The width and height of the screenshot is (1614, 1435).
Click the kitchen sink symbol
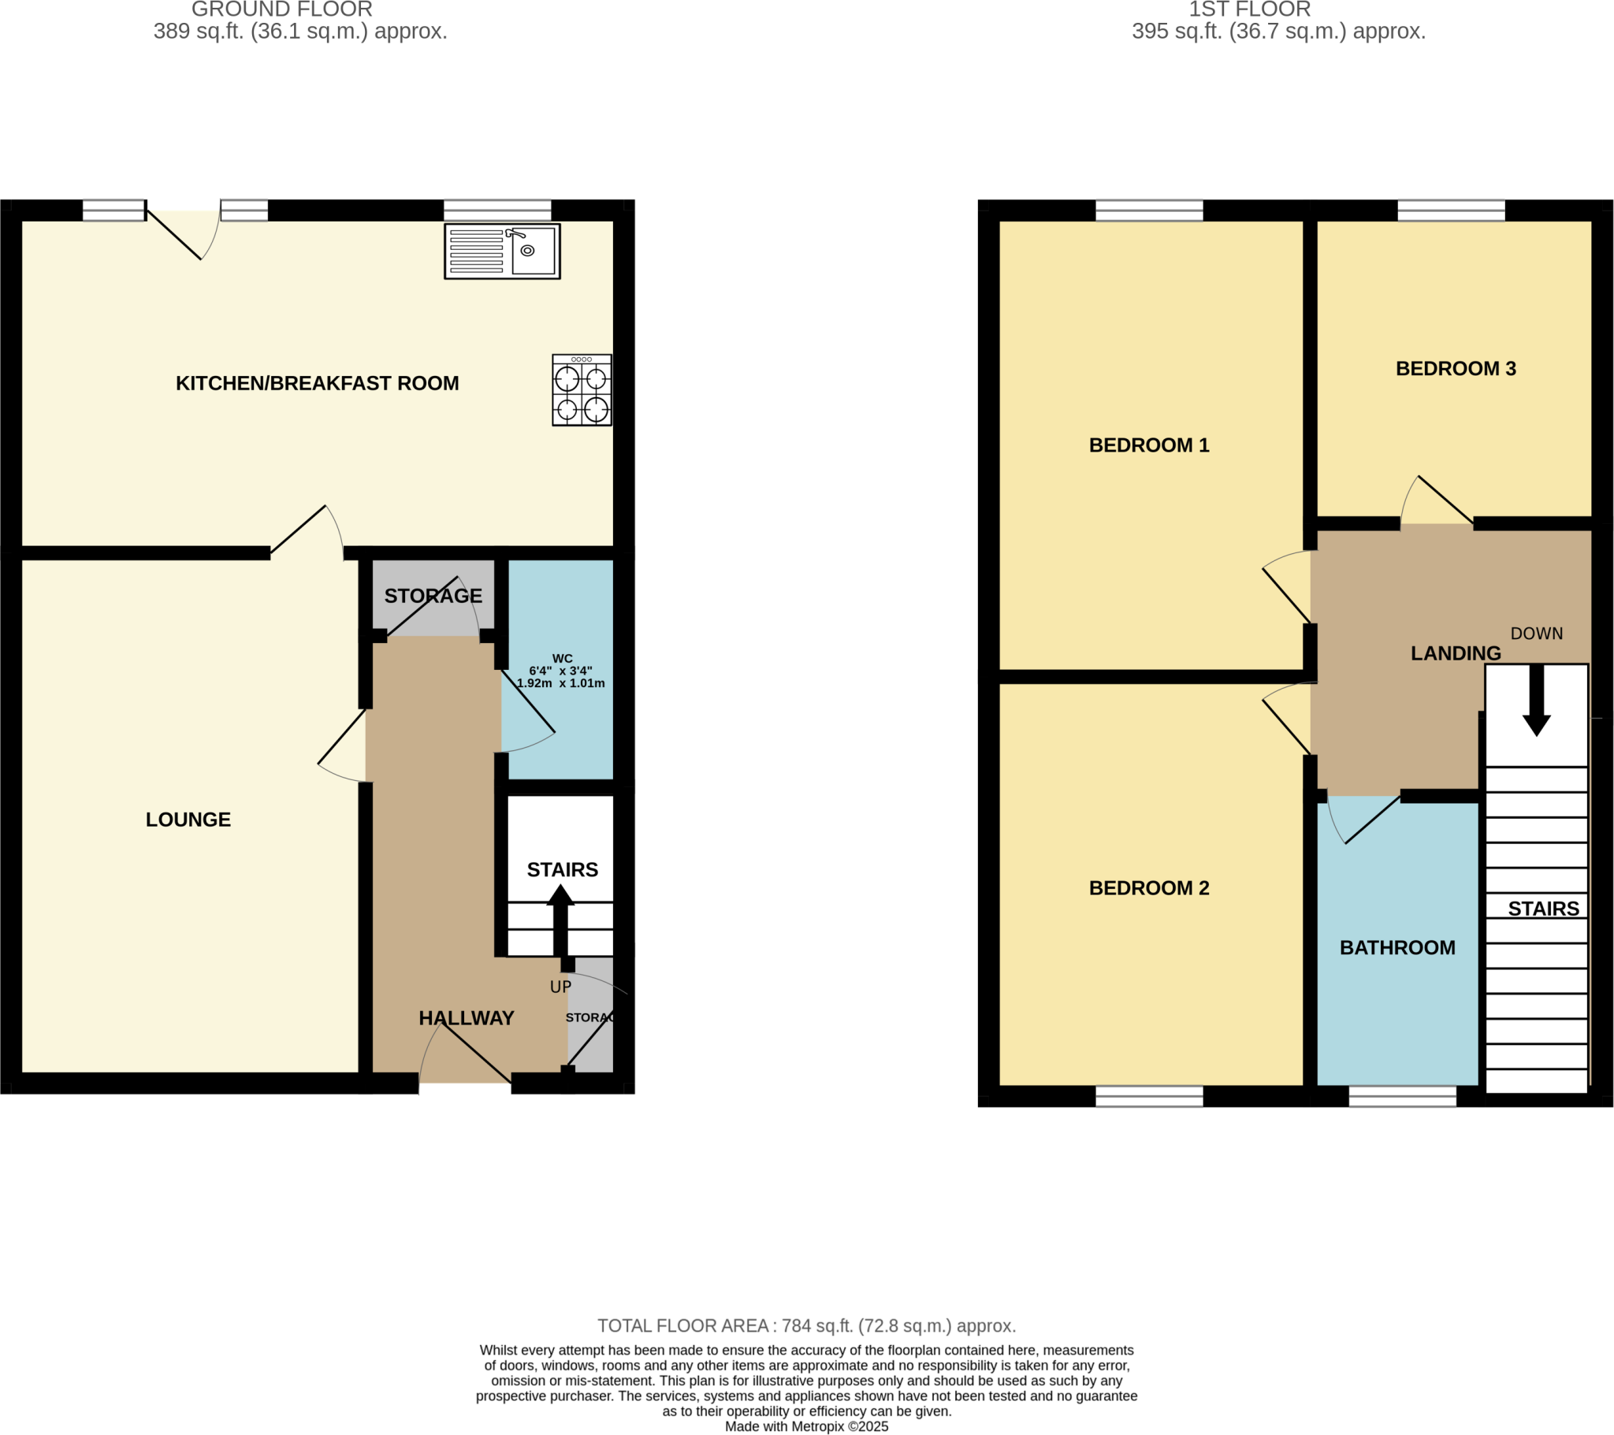coord(502,251)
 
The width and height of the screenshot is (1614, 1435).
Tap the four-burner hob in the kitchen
coord(582,390)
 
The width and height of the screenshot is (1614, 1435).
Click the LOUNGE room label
coord(188,820)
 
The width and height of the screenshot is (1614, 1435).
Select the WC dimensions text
coord(560,677)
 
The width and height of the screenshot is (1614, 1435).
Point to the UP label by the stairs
coord(560,987)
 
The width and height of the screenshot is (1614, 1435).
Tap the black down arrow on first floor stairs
coord(1537,700)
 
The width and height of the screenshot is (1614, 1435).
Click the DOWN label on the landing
coord(1537,634)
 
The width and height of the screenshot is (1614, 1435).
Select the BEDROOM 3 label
coord(1456,369)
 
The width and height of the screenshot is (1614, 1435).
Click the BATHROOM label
coord(1397,948)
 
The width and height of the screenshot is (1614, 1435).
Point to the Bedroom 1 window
coord(1149,210)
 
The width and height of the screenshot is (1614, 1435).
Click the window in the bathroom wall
coord(1402,1096)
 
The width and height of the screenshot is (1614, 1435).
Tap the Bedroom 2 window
coord(1149,1096)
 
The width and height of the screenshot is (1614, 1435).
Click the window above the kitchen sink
coord(497,210)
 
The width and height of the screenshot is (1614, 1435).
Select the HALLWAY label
coord(467,1018)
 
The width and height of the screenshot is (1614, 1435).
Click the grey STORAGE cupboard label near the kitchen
coord(433,597)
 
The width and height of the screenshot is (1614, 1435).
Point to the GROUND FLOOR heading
coord(282,9)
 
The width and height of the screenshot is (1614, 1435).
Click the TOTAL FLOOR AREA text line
coord(806,1326)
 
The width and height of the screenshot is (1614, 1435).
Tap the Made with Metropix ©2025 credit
coord(806,1426)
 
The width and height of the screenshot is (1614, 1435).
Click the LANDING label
coord(1456,653)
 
